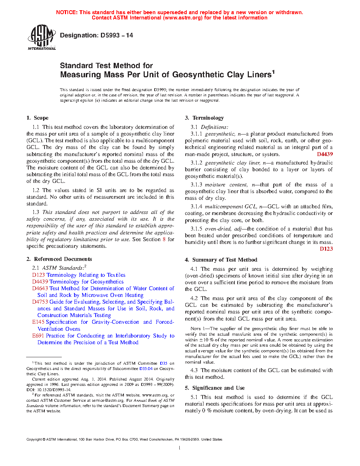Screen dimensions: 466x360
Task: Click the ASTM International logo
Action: click(41, 37)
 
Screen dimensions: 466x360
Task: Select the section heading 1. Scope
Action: click(37, 118)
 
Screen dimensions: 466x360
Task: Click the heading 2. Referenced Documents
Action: click(59, 259)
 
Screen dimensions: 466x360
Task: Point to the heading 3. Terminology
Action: click(204, 118)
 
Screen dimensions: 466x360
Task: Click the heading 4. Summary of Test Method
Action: click(221, 260)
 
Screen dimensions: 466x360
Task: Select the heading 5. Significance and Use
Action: click(215, 388)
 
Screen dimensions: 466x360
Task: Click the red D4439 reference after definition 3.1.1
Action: click(325, 154)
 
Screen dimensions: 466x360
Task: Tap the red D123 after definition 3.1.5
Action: click(326, 249)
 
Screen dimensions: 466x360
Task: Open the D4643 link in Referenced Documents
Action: click(40, 288)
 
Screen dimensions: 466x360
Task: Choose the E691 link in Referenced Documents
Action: click(38, 336)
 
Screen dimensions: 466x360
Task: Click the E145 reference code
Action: click(38, 322)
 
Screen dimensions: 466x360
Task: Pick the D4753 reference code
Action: click(40, 302)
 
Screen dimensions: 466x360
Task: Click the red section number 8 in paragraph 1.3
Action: click(164, 239)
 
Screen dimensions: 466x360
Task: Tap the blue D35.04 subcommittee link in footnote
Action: click(146, 369)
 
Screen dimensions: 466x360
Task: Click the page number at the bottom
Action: click(180, 448)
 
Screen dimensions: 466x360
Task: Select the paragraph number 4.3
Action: click(194, 370)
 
